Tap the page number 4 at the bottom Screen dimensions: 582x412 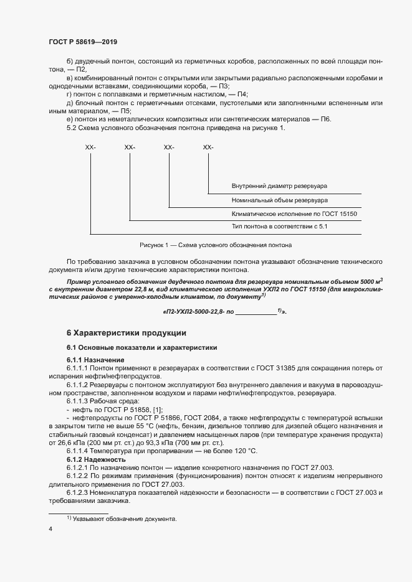[50, 529]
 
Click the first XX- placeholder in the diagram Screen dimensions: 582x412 [90, 147]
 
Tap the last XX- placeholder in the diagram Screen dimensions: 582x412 [208, 147]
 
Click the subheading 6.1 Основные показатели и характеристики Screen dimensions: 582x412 [141, 347]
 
